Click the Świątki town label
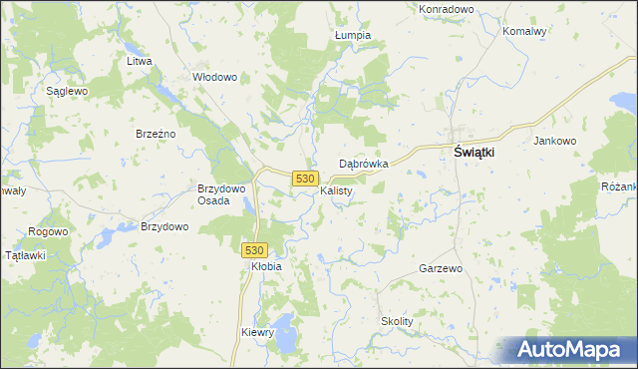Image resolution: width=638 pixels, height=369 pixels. (x=476, y=153)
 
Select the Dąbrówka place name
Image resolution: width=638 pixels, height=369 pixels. (x=363, y=163)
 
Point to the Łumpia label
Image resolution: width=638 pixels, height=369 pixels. (x=353, y=35)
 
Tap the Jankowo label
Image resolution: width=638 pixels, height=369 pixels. (x=555, y=141)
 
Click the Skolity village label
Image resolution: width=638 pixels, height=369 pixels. (x=397, y=321)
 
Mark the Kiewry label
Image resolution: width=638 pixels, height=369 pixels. (x=257, y=332)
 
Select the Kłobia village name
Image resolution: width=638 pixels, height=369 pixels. (x=266, y=266)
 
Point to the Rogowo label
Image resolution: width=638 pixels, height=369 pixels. (x=48, y=231)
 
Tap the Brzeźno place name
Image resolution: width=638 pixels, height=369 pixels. (x=156, y=134)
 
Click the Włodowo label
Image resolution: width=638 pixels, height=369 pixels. (x=214, y=77)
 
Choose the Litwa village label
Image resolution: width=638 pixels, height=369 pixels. (x=139, y=61)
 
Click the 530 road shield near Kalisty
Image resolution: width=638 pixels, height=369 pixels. (x=306, y=178)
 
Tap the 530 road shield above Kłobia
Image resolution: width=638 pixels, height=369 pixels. (x=254, y=249)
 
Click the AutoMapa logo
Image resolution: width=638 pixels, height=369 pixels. (x=567, y=350)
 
